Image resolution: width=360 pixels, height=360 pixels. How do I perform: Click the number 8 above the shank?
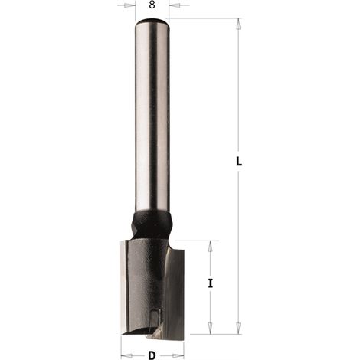pyautogui.click(x=152, y=5)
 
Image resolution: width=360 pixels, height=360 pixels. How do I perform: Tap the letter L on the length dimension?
pyautogui.click(x=239, y=162)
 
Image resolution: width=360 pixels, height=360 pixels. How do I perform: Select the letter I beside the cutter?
pyautogui.click(x=210, y=283)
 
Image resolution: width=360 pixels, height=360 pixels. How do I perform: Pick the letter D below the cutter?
pyautogui.click(x=152, y=355)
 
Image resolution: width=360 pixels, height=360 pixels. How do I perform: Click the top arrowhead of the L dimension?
pyautogui.click(x=238, y=25)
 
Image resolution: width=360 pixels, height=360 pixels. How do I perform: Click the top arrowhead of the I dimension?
pyautogui.click(x=210, y=247)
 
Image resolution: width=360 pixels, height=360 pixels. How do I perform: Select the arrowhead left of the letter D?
pyautogui.click(x=126, y=355)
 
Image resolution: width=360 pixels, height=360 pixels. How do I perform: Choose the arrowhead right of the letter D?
pyautogui.click(x=178, y=355)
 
